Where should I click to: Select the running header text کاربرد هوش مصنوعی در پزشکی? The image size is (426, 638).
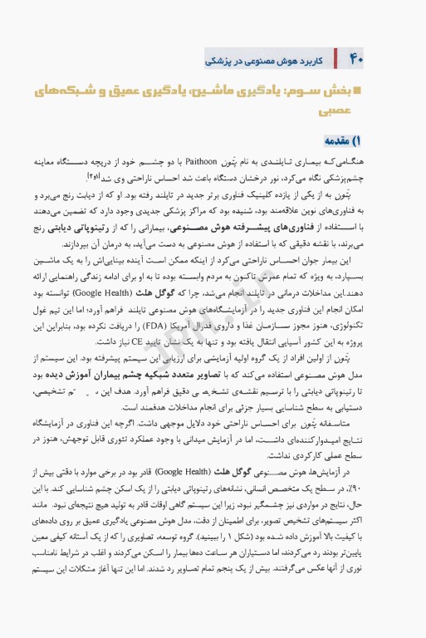(x=263, y=61)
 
